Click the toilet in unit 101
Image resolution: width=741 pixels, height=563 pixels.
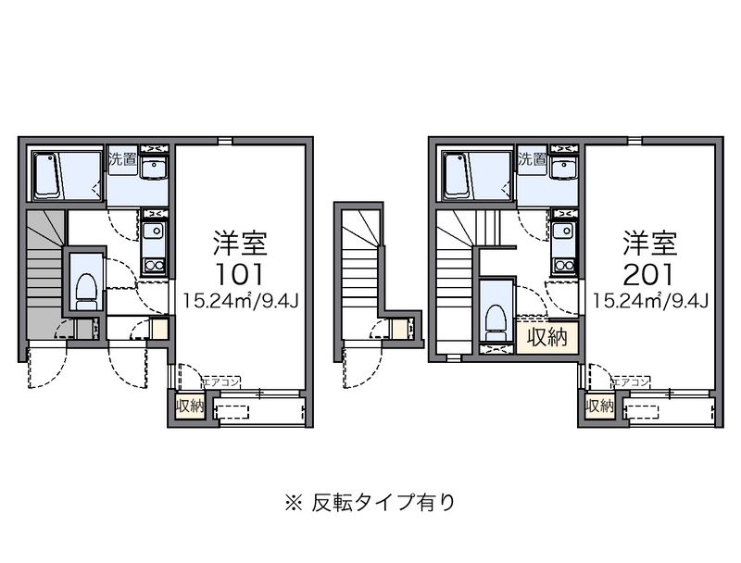point(86,290)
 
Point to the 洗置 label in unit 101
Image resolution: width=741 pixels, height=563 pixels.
point(123,159)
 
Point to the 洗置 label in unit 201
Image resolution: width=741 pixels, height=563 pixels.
point(533,159)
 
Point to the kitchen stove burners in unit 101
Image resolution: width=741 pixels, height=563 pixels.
point(154,262)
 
